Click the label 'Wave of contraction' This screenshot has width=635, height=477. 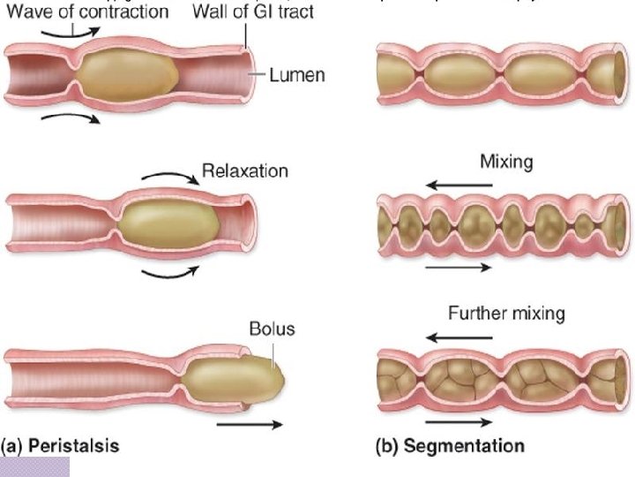(x=87, y=11)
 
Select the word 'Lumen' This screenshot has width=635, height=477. (x=296, y=75)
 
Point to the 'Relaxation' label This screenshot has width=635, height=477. (x=244, y=170)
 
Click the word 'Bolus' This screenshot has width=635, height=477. (x=272, y=329)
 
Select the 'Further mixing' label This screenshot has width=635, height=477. (x=506, y=314)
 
